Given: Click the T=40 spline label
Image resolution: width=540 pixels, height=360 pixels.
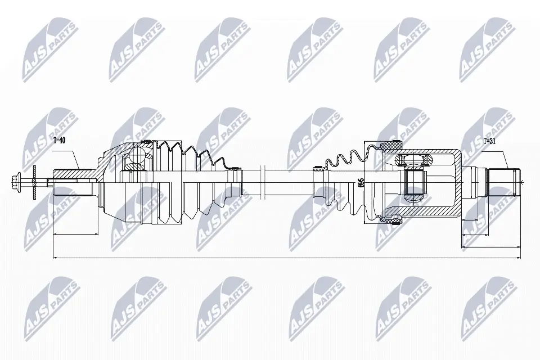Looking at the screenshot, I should (x=59, y=140).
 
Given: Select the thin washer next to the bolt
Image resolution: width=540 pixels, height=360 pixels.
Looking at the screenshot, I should (x=34, y=181).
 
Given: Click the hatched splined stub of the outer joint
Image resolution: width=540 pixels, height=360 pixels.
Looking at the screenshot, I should (x=73, y=181).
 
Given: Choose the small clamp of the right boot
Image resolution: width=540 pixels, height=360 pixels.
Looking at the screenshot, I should (x=318, y=167).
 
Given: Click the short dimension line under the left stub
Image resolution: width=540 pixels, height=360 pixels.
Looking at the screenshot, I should (x=75, y=233).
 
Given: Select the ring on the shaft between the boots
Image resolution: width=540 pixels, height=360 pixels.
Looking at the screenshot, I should (x=262, y=181).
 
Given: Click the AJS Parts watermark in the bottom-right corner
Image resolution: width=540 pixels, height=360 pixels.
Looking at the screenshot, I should (x=487, y=304).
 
